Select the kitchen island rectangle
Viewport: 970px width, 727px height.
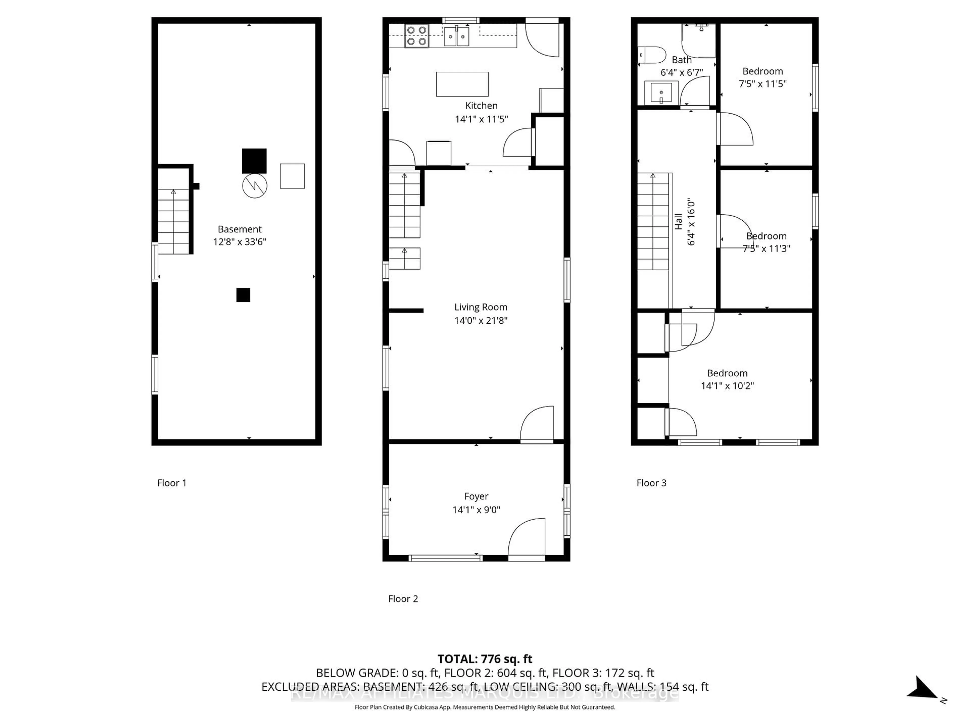[x=462, y=84]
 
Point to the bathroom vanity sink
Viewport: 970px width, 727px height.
[x=661, y=92]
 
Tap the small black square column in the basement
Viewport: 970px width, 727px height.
[x=243, y=295]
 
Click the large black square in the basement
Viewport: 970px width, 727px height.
[x=254, y=161]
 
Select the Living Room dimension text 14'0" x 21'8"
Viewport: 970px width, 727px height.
[x=481, y=320]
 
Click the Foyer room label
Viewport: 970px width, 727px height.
[x=476, y=496]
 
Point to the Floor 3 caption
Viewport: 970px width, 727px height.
[x=651, y=483]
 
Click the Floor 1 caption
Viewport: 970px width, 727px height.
[x=172, y=483]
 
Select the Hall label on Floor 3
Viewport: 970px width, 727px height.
[x=678, y=221]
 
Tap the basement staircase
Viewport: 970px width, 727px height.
[x=174, y=221]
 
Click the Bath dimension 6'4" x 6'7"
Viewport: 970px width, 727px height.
[x=682, y=72]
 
